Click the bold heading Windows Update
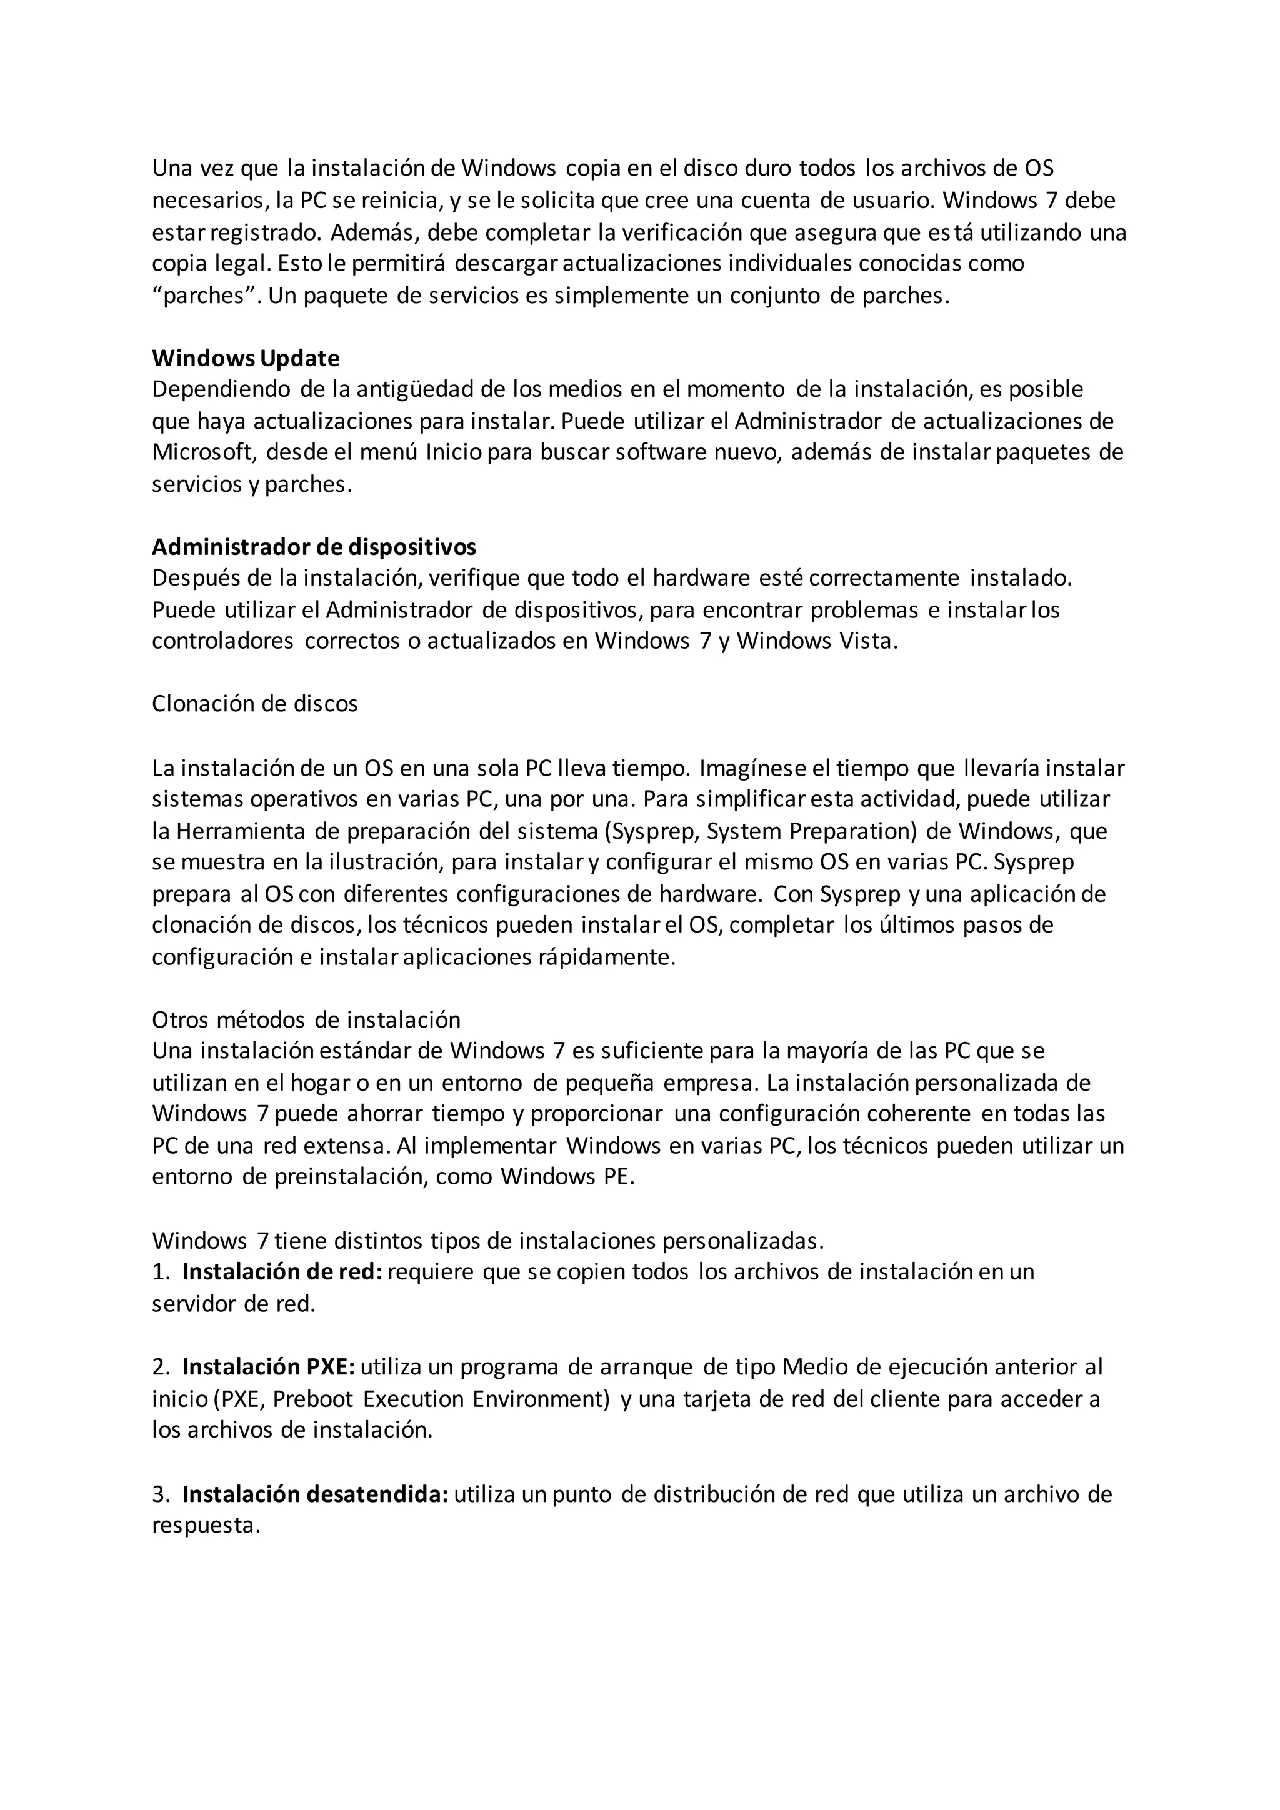click(245, 359)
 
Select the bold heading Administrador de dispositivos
click(314, 547)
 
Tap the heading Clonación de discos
click(254, 703)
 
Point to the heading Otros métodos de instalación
click(306, 1019)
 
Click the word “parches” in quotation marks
click(206, 296)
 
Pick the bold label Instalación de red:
click(282, 1272)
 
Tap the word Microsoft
click(204, 452)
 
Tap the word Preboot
click(314, 1399)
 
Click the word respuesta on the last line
click(205, 1526)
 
